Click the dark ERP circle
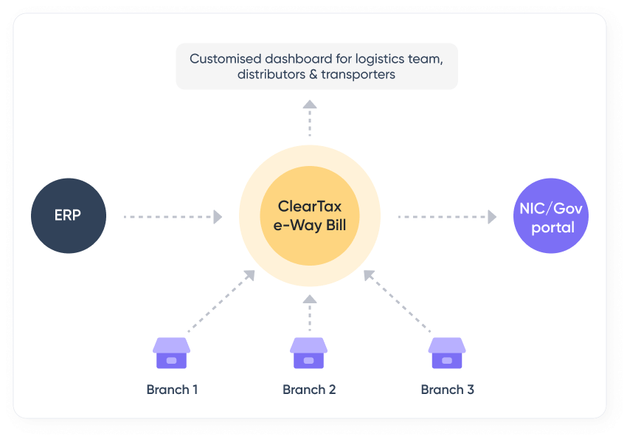click(x=69, y=216)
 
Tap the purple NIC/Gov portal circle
click(x=551, y=217)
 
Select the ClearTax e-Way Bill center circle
click(x=309, y=216)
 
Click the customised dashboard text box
click(x=316, y=66)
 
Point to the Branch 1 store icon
click(x=171, y=353)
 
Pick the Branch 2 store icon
click(x=309, y=353)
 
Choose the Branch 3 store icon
click(x=447, y=353)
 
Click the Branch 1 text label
click(x=171, y=390)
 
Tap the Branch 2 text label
click(x=309, y=390)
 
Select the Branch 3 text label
click(x=447, y=390)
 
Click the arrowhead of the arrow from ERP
click(x=218, y=217)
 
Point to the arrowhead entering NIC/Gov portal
click(x=492, y=217)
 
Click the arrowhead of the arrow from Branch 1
click(x=249, y=275)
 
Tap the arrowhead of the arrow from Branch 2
click(x=310, y=299)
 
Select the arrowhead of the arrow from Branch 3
click(x=370, y=275)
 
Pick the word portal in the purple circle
click(x=552, y=227)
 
